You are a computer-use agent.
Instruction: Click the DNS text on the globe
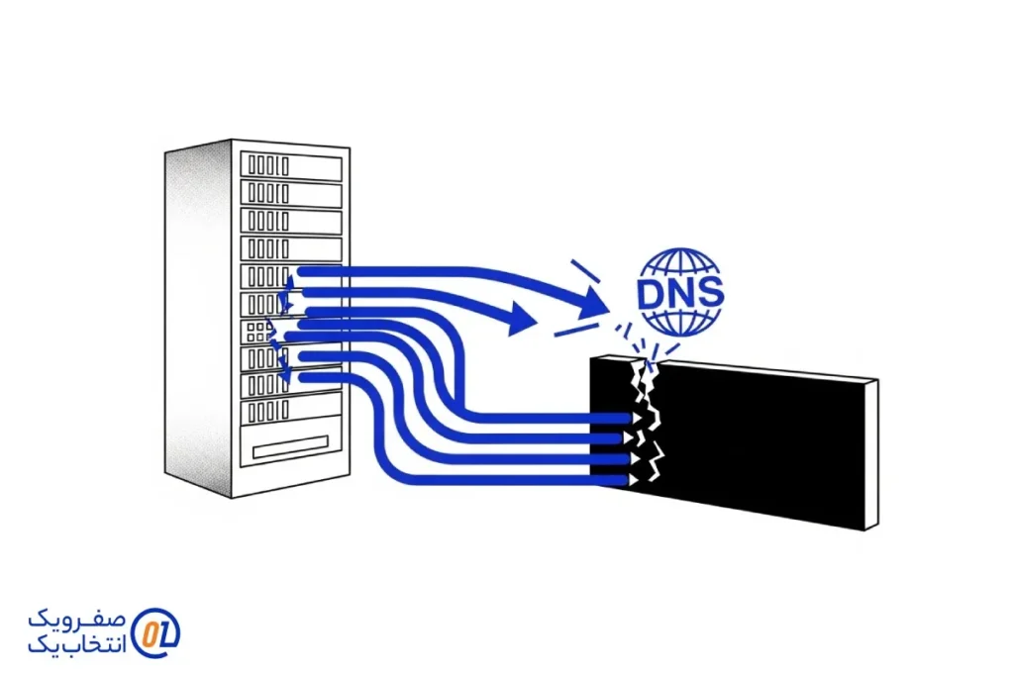tap(680, 293)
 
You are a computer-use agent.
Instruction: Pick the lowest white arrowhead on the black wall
tap(627, 480)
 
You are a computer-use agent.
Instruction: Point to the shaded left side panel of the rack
tap(198, 317)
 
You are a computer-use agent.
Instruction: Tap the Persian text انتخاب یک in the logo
tap(79, 645)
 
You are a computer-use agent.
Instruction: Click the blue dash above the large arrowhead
tap(584, 269)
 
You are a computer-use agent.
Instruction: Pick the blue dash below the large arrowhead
tap(575, 331)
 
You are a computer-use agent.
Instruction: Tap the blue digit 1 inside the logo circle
tap(163, 631)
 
